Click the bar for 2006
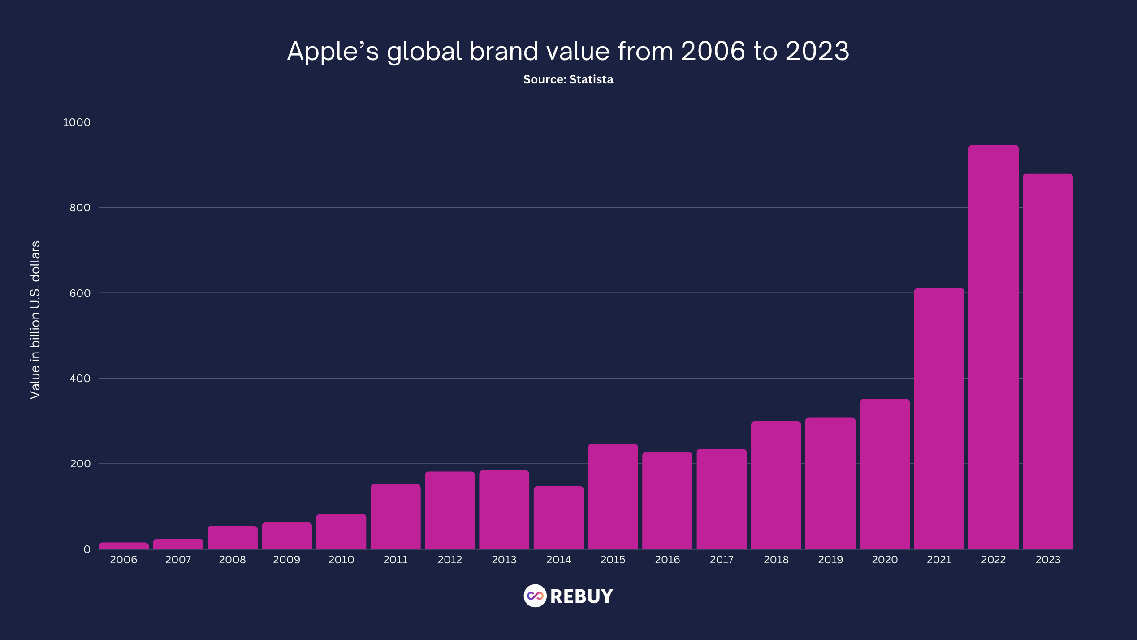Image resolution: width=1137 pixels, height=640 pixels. pyautogui.click(x=124, y=546)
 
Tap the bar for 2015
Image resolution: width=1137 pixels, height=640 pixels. pyautogui.click(x=613, y=496)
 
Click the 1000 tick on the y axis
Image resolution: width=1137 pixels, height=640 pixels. pyautogui.click(x=77, y=122)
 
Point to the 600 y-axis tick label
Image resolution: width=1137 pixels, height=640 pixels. pyautogui.click(x=80, y=293)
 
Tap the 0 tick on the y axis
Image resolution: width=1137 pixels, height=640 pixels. pyautogui.click(x=87, y=549)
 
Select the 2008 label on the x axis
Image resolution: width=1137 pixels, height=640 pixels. pyautogui.click(x=232, y=560)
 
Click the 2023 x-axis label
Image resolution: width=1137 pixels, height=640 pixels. pyautogui.click(x=1048, y=560)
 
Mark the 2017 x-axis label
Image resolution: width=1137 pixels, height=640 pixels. pyautogui.click(x=722, y=560)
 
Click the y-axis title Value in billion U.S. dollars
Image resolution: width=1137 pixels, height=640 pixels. pyautogui.click(x=35, y=320)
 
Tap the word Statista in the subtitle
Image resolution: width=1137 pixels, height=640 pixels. pyautogui.click(x=591, y=79)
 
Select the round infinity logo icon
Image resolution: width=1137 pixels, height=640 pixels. pyautogui.click(x=535, y=596)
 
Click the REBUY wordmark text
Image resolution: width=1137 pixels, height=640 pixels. pyautogui.click(x=581, y=596)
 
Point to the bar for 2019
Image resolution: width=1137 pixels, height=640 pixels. pyautogui.click(x=830, y=483)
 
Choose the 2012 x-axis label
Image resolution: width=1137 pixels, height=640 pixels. pyautogui.click(x=450, y=560)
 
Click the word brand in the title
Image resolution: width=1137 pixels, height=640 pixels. pyautogui.click(x=504, y=51)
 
